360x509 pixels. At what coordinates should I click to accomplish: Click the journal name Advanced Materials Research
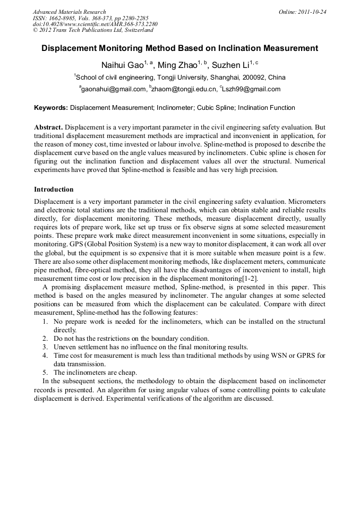tap(69, 12)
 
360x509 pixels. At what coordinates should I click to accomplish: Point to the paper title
tap(179, 48)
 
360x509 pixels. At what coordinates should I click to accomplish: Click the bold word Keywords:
tap(51, 108)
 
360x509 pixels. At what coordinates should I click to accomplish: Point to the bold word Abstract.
tap(48, 127)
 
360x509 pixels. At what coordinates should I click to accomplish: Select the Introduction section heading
tap(54, 189)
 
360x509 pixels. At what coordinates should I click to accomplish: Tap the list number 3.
tap(45, 347)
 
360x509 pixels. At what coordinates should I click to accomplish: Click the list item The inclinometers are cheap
tap(95, 373)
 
